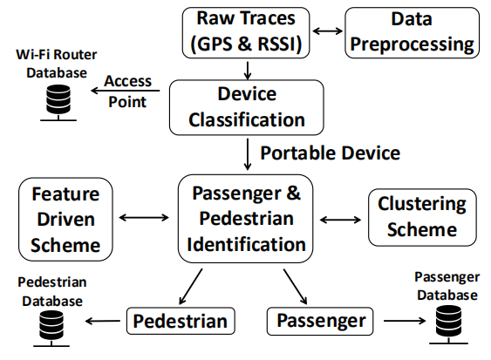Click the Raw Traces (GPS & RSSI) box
point(246,33)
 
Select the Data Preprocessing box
point(413,33)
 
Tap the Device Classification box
point(247,107)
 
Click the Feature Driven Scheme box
point(65,219)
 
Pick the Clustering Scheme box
point(422,217)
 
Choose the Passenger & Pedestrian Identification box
point(246,219)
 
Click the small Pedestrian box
point(181,321)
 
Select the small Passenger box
point(320,321)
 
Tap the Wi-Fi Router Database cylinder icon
point(58,103)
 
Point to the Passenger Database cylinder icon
point(448,325)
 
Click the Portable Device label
point(331,153)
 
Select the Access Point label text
point(127,92)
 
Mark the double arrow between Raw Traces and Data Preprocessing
point(328,31)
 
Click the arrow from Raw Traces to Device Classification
point(248,71)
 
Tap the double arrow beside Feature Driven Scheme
point(144,218)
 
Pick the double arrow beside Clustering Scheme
point(340,220)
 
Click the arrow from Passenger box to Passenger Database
point(405,321)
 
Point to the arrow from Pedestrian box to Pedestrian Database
point(102,321)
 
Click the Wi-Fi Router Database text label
point(57,64)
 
